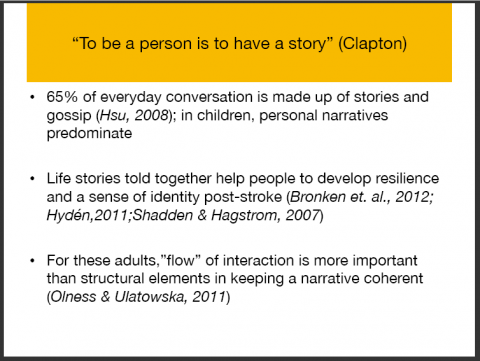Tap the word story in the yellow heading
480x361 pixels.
(x=307, y=44)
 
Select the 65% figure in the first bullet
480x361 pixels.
(x=62, y=97)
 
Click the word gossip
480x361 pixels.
(x=69, y=116)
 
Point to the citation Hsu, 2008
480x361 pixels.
(x=134, y=115)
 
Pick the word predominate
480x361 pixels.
(x=89, y=134)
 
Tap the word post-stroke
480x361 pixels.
(x=243, y=197)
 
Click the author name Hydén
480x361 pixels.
(x=68, y=216)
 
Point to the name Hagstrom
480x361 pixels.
(x=244, y=216)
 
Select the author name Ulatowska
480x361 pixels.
(x=149, y=297)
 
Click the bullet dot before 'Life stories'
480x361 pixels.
(x=32, y=179)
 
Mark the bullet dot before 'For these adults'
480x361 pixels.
(x=32, y=261)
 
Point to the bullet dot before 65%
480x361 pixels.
(x=32, y=97)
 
